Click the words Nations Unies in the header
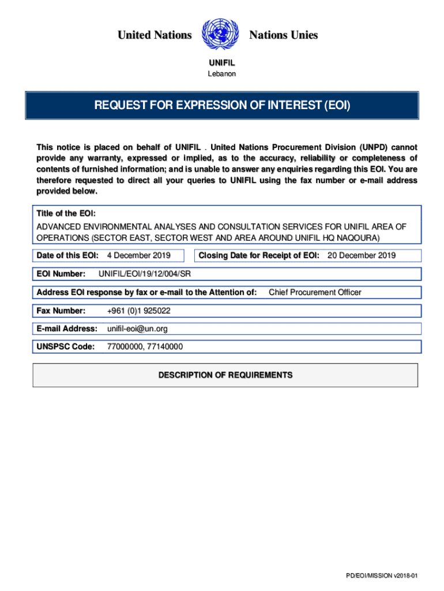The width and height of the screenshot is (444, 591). (283, 35)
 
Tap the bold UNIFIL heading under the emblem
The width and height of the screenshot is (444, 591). (221, 63)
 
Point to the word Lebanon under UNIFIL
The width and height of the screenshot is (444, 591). (221, 74)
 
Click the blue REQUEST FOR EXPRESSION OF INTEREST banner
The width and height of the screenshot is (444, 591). (222, 106)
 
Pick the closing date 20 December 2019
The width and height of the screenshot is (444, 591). (362, 255)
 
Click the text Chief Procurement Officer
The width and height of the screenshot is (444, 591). (315, 292)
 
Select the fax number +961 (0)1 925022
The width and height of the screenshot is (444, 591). (139, 311)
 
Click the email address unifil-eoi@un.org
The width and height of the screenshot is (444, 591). (137, 328)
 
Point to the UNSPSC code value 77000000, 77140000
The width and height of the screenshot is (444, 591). (145, 347)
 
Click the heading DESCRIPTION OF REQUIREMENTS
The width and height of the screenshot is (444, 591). (225, 375)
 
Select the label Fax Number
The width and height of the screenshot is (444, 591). (61, 311)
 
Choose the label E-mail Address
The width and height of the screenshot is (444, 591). (67, 328)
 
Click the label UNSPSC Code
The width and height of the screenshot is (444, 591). (66, 347)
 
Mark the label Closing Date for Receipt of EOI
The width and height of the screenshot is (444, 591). (259, 255)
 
